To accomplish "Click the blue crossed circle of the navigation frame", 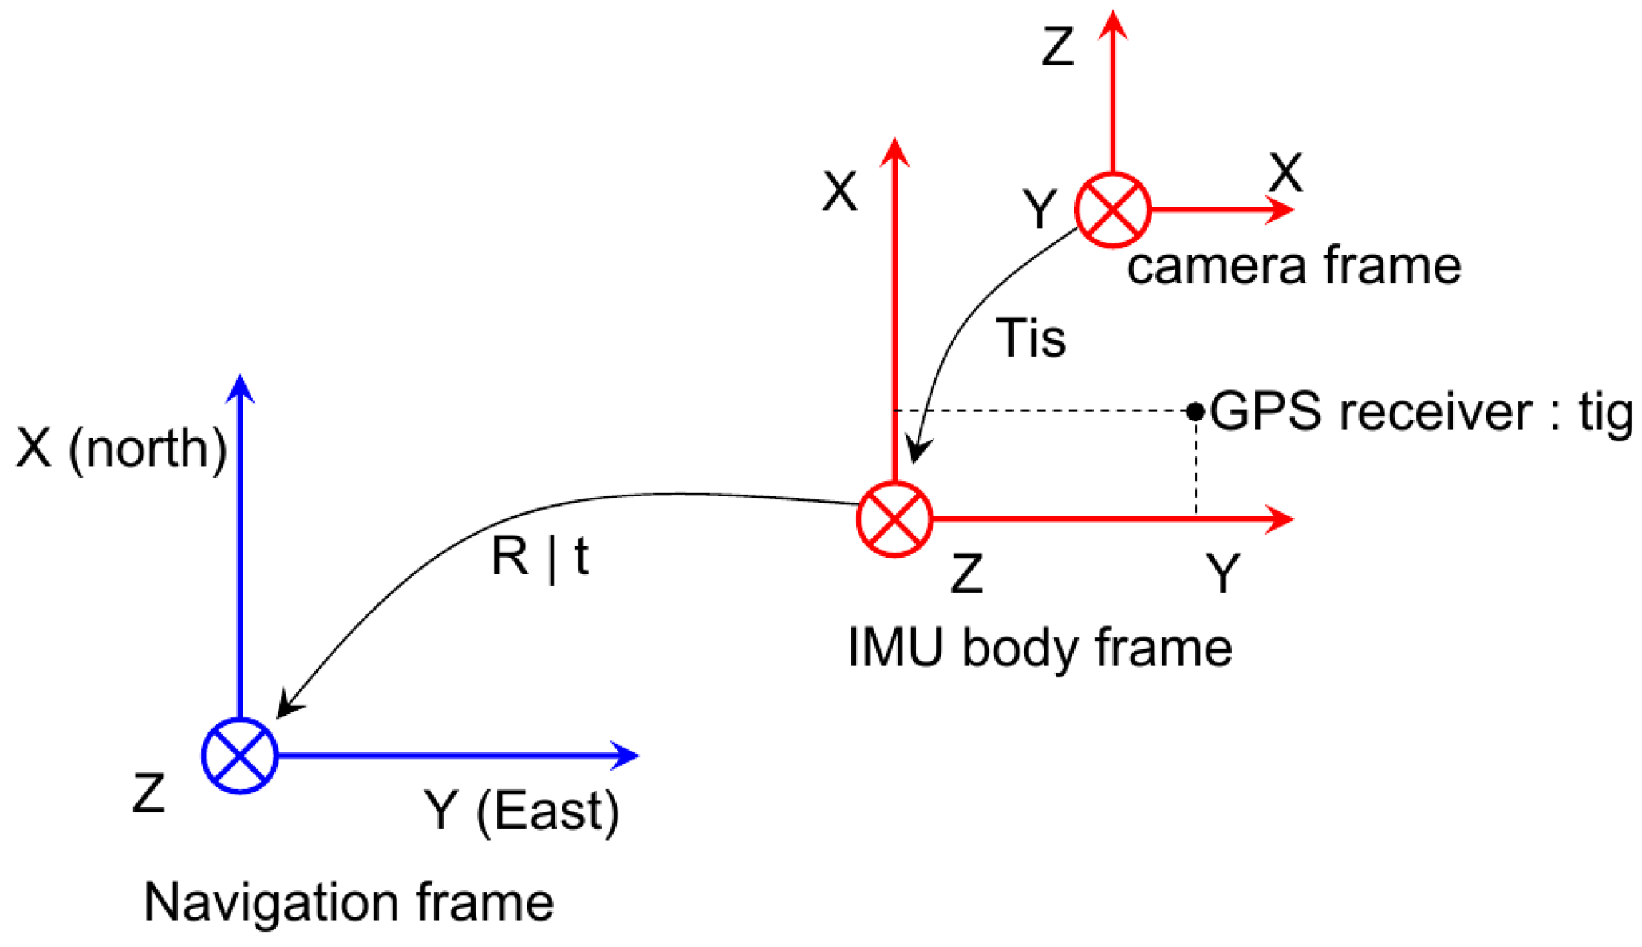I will pyautogui.click(x=239, y=755).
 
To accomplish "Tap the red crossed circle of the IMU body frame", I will pyautogui.click(x=894, y=519).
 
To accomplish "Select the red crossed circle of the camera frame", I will pyautogui.click(x=1112, y=210).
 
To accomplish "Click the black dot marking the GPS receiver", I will pyautogui.click(x=1194, y=411).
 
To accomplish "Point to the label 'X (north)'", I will pyautogui.click(x=121, y=448).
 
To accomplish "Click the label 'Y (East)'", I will pyautogui.click(x=521, y=811).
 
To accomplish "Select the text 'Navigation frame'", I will pyautogui.click(x=349, y=902).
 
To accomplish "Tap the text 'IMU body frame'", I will pyautogui.click(x=1040, y=647).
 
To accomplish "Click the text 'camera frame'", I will pyautogui.click(x=1293, y=266).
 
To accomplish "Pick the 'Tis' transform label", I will pyautogui.click(x=1030, y=338).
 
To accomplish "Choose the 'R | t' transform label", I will pyautogui.click(x=540, y=556).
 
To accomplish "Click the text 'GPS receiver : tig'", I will pyautogui.click(x=1421, y=412).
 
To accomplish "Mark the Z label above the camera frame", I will pyautogui.click(x=1058, y=47).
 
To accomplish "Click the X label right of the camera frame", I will pyautogui.click(x=1285, y=172).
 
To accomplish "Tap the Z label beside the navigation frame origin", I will pyautogui.click(x=149, y=794).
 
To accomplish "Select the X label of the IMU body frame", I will pyautogui.click(x=839, y=191).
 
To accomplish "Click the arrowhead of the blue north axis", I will pyautogui.click(x=240, y=388).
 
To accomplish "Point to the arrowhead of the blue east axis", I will pyautogui.click(x=626, y=755).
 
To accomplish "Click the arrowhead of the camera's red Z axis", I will pyautogui.click(x=1112, y=24).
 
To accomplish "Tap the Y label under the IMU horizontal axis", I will pyautogui.click(x=1222, y=573).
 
